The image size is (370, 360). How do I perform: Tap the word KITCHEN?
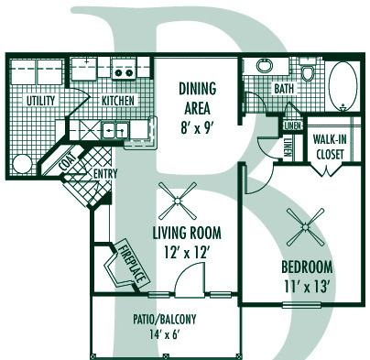[x=120, y=100]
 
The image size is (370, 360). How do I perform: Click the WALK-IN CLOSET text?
[x=328, y=147]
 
